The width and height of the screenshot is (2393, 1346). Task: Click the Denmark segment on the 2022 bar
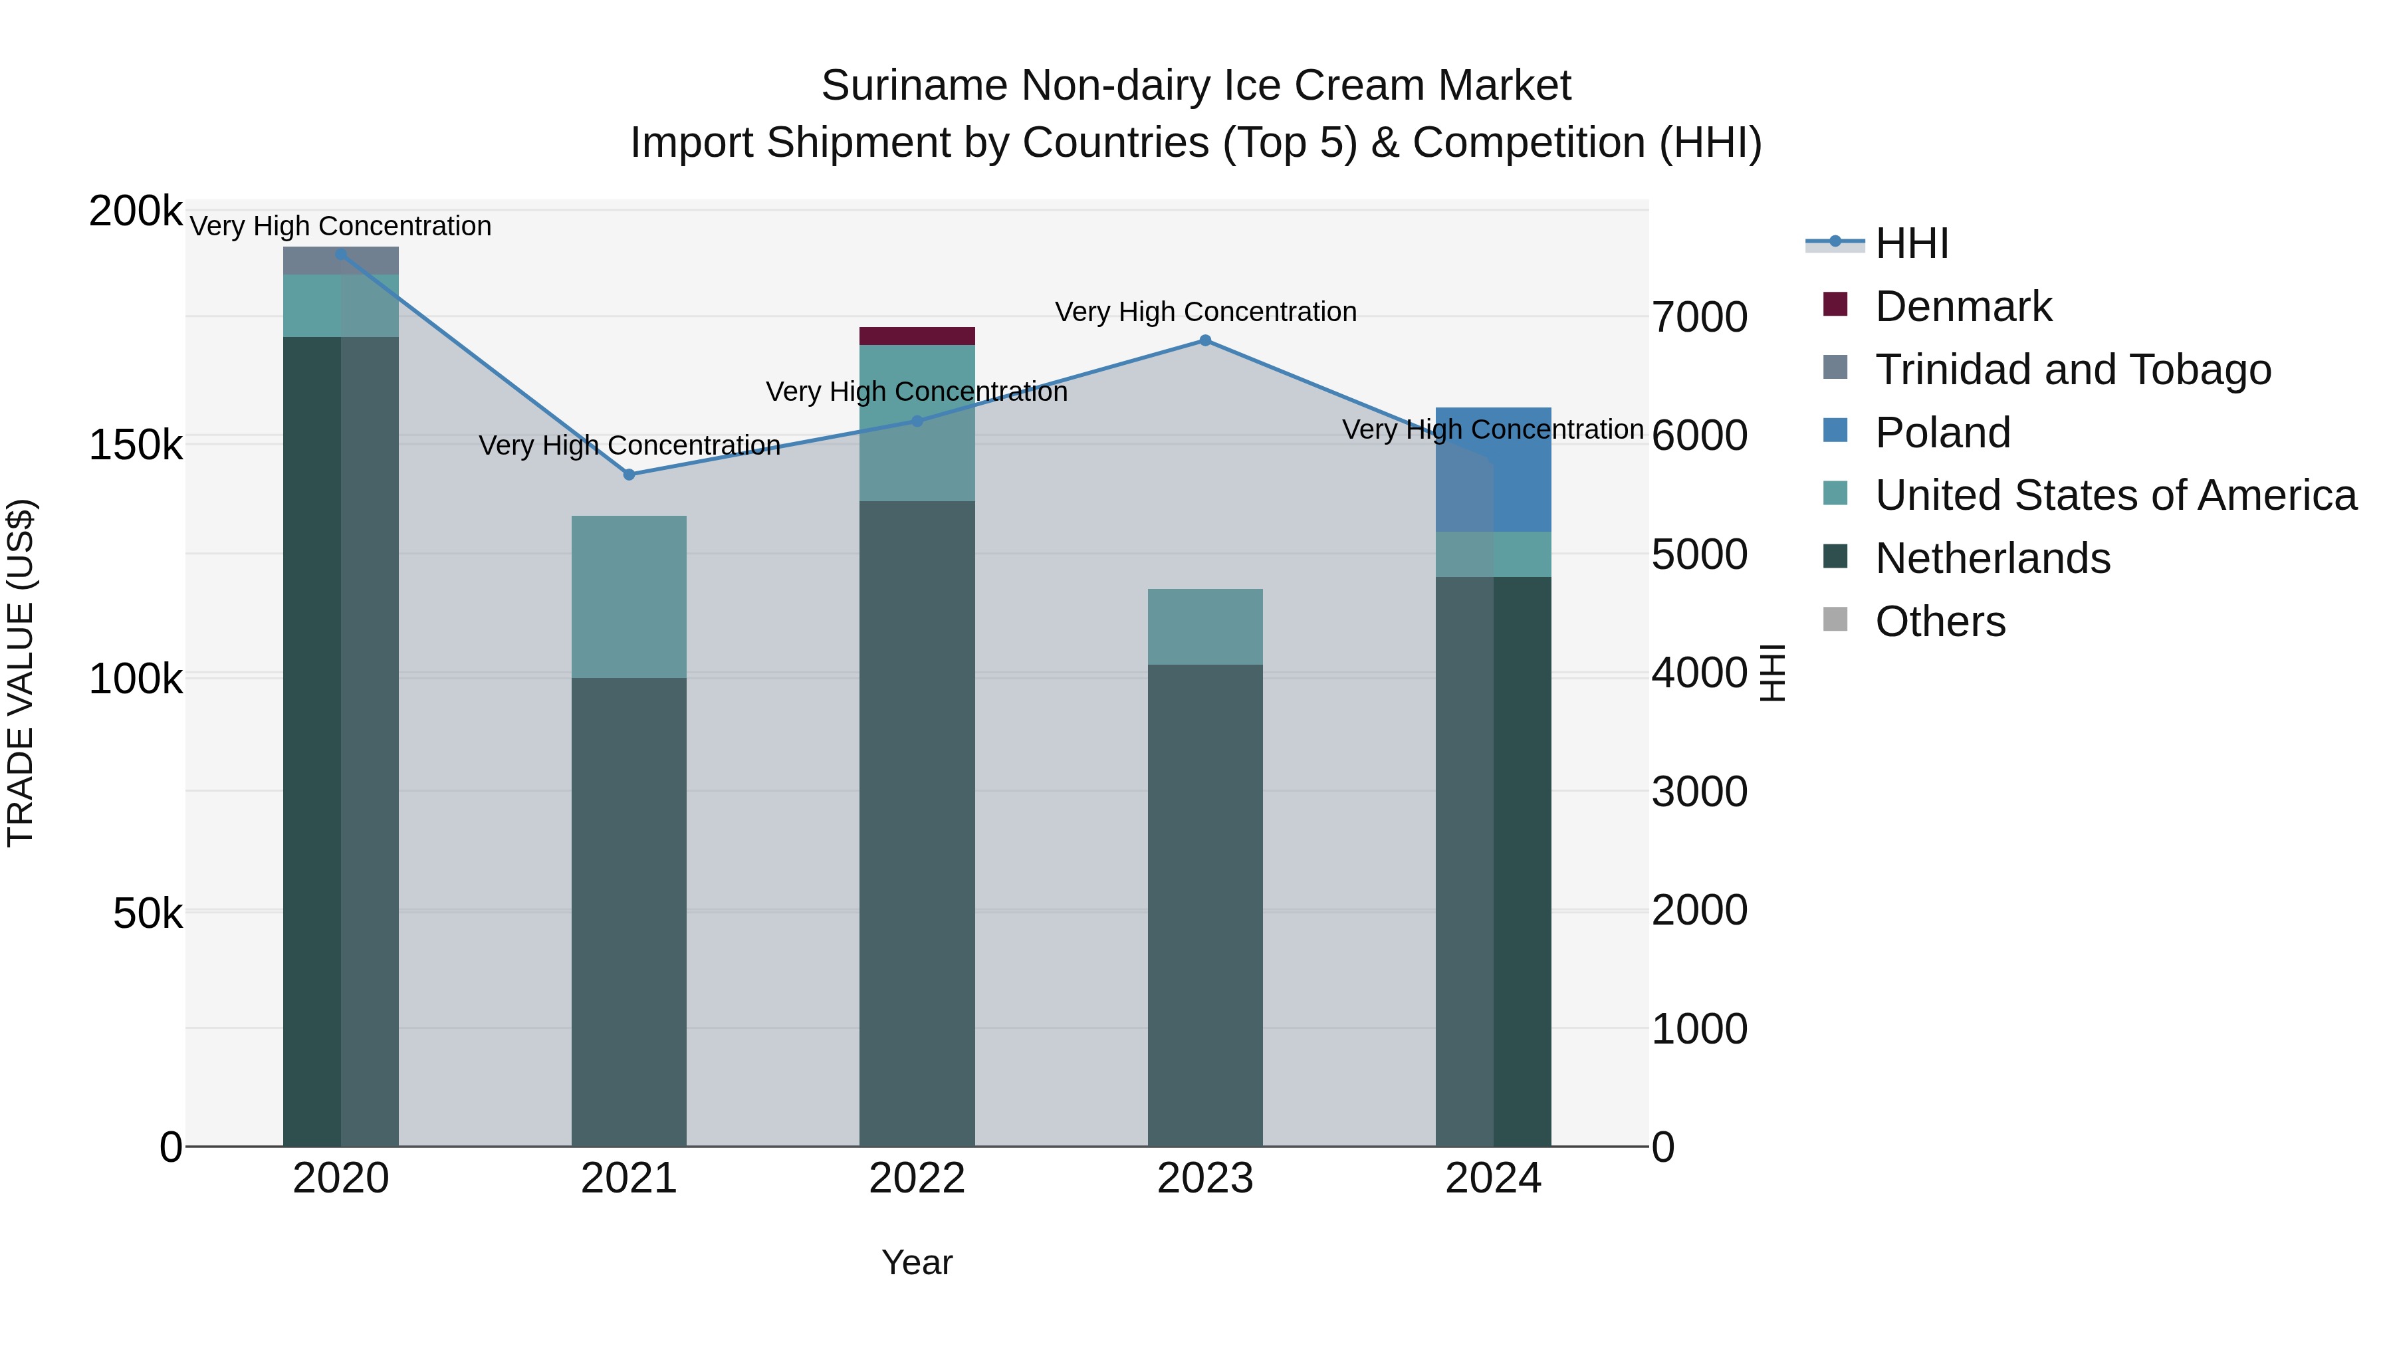pyautogui.click(x=916, y=336)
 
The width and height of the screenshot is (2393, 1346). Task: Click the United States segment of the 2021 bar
pyautogui.click(x=628, y=596)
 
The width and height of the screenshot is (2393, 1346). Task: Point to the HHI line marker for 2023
pyautogui.click(x=1205, y=340)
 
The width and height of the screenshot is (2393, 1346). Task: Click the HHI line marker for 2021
pyautogui.click(x=629, y=475)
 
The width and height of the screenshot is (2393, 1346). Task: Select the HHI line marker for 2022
pyautogui.click(x=917, y=421)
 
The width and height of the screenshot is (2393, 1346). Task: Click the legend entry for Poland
pyautogui.click(x=1942, y=433)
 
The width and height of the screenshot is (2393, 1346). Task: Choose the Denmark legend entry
pyautogui.click(x=1962, y=306)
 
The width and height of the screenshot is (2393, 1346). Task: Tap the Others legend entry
pyautogui.click(x=1940, y=621)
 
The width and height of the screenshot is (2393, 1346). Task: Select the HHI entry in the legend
pyautogui.click(x=1911, y=243)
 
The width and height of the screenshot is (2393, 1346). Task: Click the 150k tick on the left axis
pyautogui.click(x=136, y=445)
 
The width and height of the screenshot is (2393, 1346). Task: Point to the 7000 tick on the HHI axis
pyautogui.click(x=1699, y=317)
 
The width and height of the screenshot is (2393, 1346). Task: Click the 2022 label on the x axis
pyautogui.click(x=917, y=1178)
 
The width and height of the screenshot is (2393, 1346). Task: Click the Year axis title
pyautogui.click(x=916, y=1262)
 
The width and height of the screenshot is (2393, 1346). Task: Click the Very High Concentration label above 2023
pyautogui.click(x=1205, y=312)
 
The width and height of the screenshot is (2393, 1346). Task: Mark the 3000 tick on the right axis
pyautogui.click(x=1699, y=792)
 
